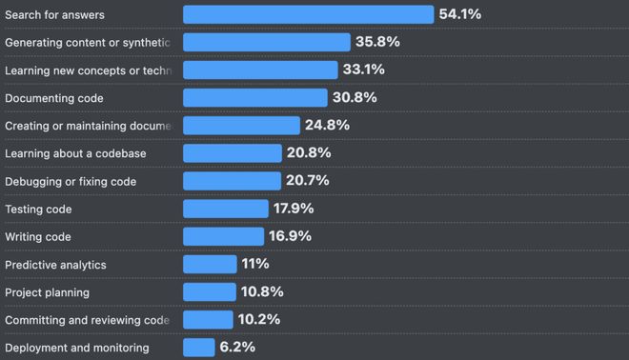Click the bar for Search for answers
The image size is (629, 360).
point(308,14)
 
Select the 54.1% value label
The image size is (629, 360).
point(460,14)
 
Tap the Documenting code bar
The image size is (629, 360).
point(255,97)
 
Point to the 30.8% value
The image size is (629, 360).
point(355,97)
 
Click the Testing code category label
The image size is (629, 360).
point(38,209)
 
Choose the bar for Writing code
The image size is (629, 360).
point(223,236)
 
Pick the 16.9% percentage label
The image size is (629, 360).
point(291,236)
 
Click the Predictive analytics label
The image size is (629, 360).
point(55,264)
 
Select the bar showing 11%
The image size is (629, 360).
point(210,264)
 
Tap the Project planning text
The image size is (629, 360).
point(48,292)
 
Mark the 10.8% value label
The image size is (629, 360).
point(262,292)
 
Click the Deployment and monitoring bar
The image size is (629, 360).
point(198,348)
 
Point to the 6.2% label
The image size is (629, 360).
point(237,348)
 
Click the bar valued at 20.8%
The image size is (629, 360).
point(232,153)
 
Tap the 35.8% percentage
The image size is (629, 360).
point(377,42)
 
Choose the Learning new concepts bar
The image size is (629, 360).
point(260,70)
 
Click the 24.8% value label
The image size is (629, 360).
point(327,126)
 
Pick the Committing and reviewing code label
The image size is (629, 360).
point(87,320)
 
